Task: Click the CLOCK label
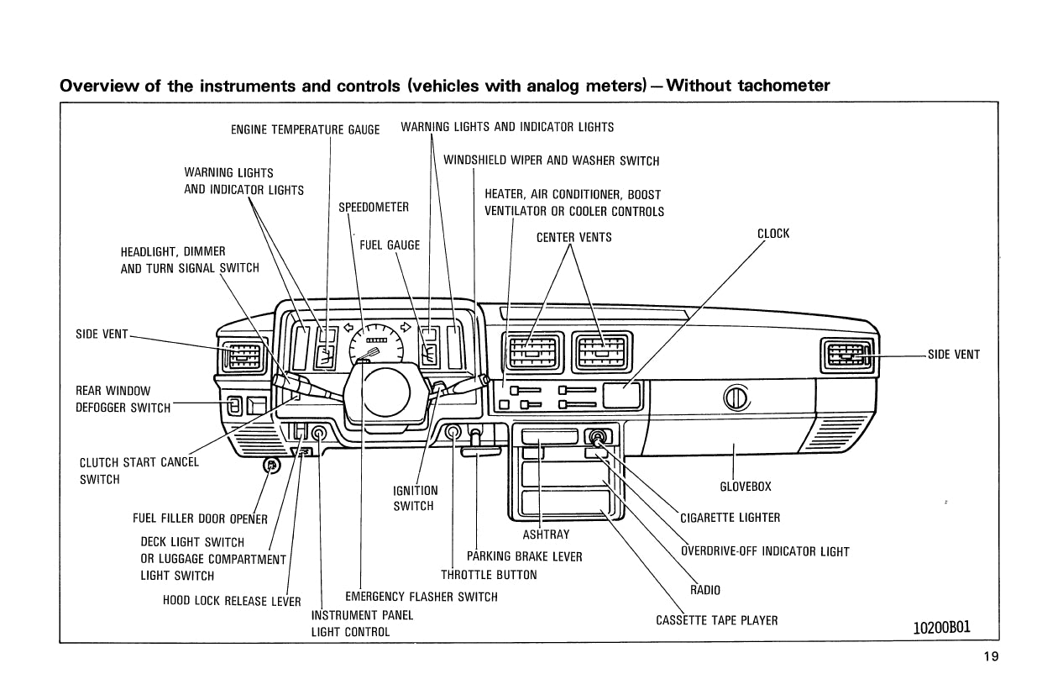point(773,234)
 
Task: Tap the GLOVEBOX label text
point(746,487)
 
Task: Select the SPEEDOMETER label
point(374,208)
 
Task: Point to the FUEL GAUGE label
point(390,245)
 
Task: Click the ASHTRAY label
point(546,534)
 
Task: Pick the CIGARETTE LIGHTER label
point(730,518)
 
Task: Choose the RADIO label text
point(705,590)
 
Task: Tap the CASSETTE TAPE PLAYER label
point(716,621)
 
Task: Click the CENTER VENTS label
point(574,238)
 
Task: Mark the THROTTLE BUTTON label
point(489,576)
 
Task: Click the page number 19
point(992,657)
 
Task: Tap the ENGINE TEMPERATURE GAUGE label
point(305,129)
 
